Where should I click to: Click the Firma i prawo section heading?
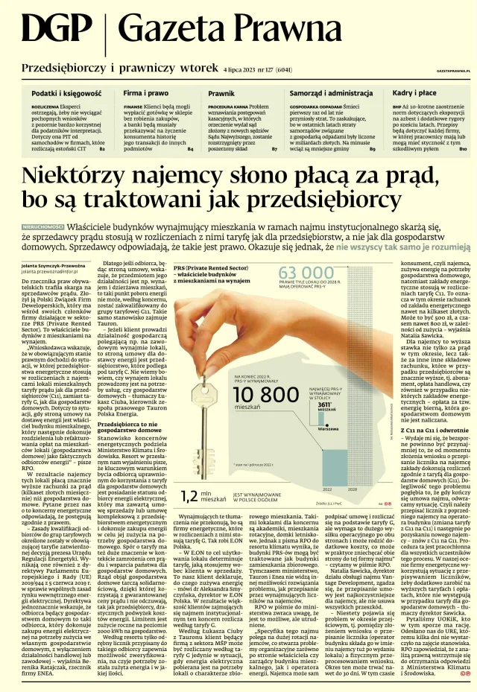(146, 94)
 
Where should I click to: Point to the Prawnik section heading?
(221, 94)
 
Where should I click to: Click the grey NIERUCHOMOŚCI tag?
(43, 225)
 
